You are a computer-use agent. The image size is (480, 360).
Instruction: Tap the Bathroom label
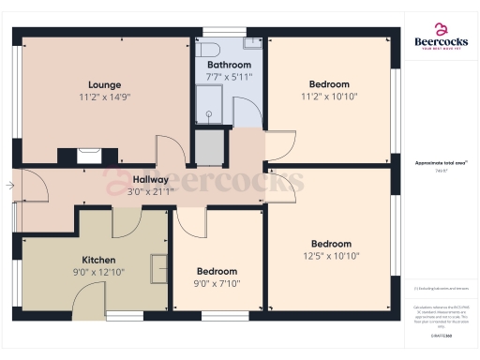(x=229, y=64)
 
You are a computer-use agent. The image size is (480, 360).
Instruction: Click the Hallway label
(x=150, y=179)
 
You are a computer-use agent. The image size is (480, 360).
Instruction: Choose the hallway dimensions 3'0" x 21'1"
(x=150, y=191)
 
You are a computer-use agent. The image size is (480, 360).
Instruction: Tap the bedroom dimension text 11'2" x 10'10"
(x=329, y=96)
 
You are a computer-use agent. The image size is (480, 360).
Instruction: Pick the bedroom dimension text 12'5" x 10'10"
(x=331, y=256)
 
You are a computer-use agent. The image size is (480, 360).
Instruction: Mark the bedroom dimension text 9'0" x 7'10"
(x=217, y=284)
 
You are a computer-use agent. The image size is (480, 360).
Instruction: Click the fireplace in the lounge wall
(x=90, y=156)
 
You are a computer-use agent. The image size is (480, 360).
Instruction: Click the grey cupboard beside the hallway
(x=210, y=147)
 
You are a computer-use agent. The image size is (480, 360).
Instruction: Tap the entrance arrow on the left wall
(x=8, y=186)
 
